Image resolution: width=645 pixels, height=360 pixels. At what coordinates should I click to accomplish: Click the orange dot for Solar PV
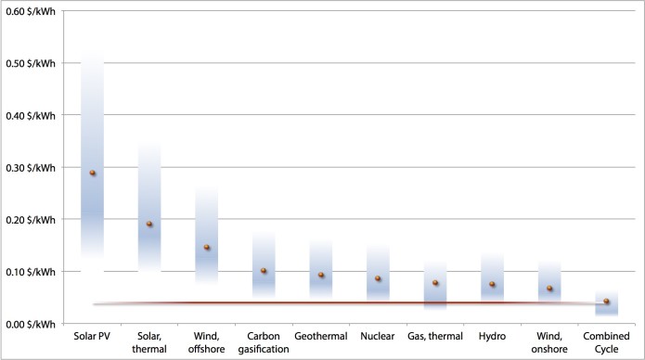[x=93, y=173]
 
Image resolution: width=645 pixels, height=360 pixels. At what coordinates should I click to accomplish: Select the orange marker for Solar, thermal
[x=149, y=224]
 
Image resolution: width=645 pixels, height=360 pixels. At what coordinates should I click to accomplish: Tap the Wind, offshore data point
[x=207, y=248]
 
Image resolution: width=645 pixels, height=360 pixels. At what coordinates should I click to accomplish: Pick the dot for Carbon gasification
[x=264, y=271]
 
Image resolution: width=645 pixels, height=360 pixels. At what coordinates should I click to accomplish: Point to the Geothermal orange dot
[x=321, y=275]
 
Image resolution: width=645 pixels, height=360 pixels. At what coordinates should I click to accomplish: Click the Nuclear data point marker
[x=378, y=278]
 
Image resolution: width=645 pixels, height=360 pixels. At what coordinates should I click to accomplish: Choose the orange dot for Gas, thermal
[x=435, y=283]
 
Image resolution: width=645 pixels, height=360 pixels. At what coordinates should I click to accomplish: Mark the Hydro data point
[x=492, y=284]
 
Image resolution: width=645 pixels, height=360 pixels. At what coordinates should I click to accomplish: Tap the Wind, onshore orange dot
[x=549, y=288]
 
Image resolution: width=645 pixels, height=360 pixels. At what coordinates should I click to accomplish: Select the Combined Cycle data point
[x=606, y=302]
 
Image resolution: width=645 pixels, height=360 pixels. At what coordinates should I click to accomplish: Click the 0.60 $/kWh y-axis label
[x=31, y=11]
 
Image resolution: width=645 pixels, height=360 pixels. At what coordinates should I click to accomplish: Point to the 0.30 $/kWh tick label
[x=31, y=168]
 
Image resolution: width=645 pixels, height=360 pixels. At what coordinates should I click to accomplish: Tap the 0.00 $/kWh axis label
[x=31, y=324]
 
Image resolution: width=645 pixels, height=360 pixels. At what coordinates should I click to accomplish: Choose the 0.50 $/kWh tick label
[x=31, y=63]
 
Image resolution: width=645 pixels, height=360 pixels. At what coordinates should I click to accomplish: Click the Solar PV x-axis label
[x=92, y=336]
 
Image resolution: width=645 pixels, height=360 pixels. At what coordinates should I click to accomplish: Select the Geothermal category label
[x=321, y=336]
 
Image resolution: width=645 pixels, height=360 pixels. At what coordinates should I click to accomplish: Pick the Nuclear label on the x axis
[x=378, y=336]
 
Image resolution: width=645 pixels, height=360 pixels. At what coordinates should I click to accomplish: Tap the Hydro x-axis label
[x=492, y=336]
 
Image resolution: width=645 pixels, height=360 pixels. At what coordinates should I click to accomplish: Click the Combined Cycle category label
[x=606, y=342]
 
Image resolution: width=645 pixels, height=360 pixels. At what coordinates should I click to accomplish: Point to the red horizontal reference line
[x=350, y=303]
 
